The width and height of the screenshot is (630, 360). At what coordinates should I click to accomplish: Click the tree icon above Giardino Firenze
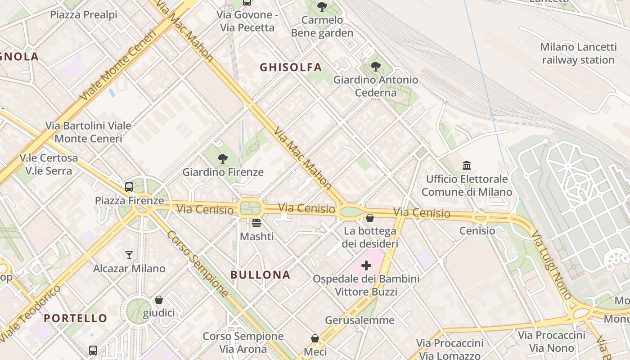(222, 158)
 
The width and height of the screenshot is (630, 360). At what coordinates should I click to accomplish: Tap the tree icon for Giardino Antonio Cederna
(375, 67)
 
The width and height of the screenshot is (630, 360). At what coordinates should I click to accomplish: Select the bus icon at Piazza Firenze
(129, 187)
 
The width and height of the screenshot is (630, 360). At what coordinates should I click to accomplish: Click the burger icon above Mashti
(256, 223)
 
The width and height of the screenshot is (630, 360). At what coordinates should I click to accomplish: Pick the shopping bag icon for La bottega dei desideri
(369, 218)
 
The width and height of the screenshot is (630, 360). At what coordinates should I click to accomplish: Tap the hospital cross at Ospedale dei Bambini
(366, 265)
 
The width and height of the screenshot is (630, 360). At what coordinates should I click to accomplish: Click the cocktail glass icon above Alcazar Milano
(129, 255)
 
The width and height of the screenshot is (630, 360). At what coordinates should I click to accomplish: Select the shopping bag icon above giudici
(158, 300)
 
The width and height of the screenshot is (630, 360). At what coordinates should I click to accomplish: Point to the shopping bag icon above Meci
(315, 338)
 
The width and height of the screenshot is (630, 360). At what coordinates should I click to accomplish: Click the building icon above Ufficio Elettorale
(467, 165)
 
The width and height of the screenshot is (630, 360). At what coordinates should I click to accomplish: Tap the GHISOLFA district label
(291, 67)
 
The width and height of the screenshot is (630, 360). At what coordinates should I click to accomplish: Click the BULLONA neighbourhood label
(260, 275)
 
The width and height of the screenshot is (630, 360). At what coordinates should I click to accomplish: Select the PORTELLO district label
(76, 318)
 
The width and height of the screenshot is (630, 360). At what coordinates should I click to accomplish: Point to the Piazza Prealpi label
(84, 14)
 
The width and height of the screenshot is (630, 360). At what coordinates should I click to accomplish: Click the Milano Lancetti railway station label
(578, 54)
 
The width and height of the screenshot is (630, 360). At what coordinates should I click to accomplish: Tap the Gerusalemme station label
(360, 320)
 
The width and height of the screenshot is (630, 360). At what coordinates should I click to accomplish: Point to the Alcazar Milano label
(129, 269)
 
